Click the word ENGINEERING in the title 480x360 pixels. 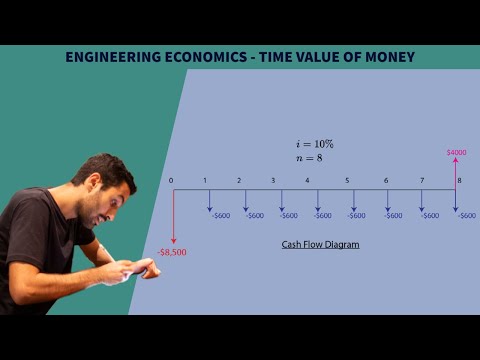103,57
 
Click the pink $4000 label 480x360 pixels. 456,152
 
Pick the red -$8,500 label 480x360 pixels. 172,252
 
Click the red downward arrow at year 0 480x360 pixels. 174,216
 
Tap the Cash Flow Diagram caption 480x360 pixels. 319,244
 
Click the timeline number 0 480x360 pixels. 171,180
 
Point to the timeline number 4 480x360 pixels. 306,180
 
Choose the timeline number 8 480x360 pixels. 459,180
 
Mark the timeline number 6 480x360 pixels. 386,180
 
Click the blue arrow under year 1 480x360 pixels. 210,200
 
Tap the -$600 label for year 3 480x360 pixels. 288,215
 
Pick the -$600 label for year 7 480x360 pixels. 430,215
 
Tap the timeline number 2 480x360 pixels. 239,180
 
